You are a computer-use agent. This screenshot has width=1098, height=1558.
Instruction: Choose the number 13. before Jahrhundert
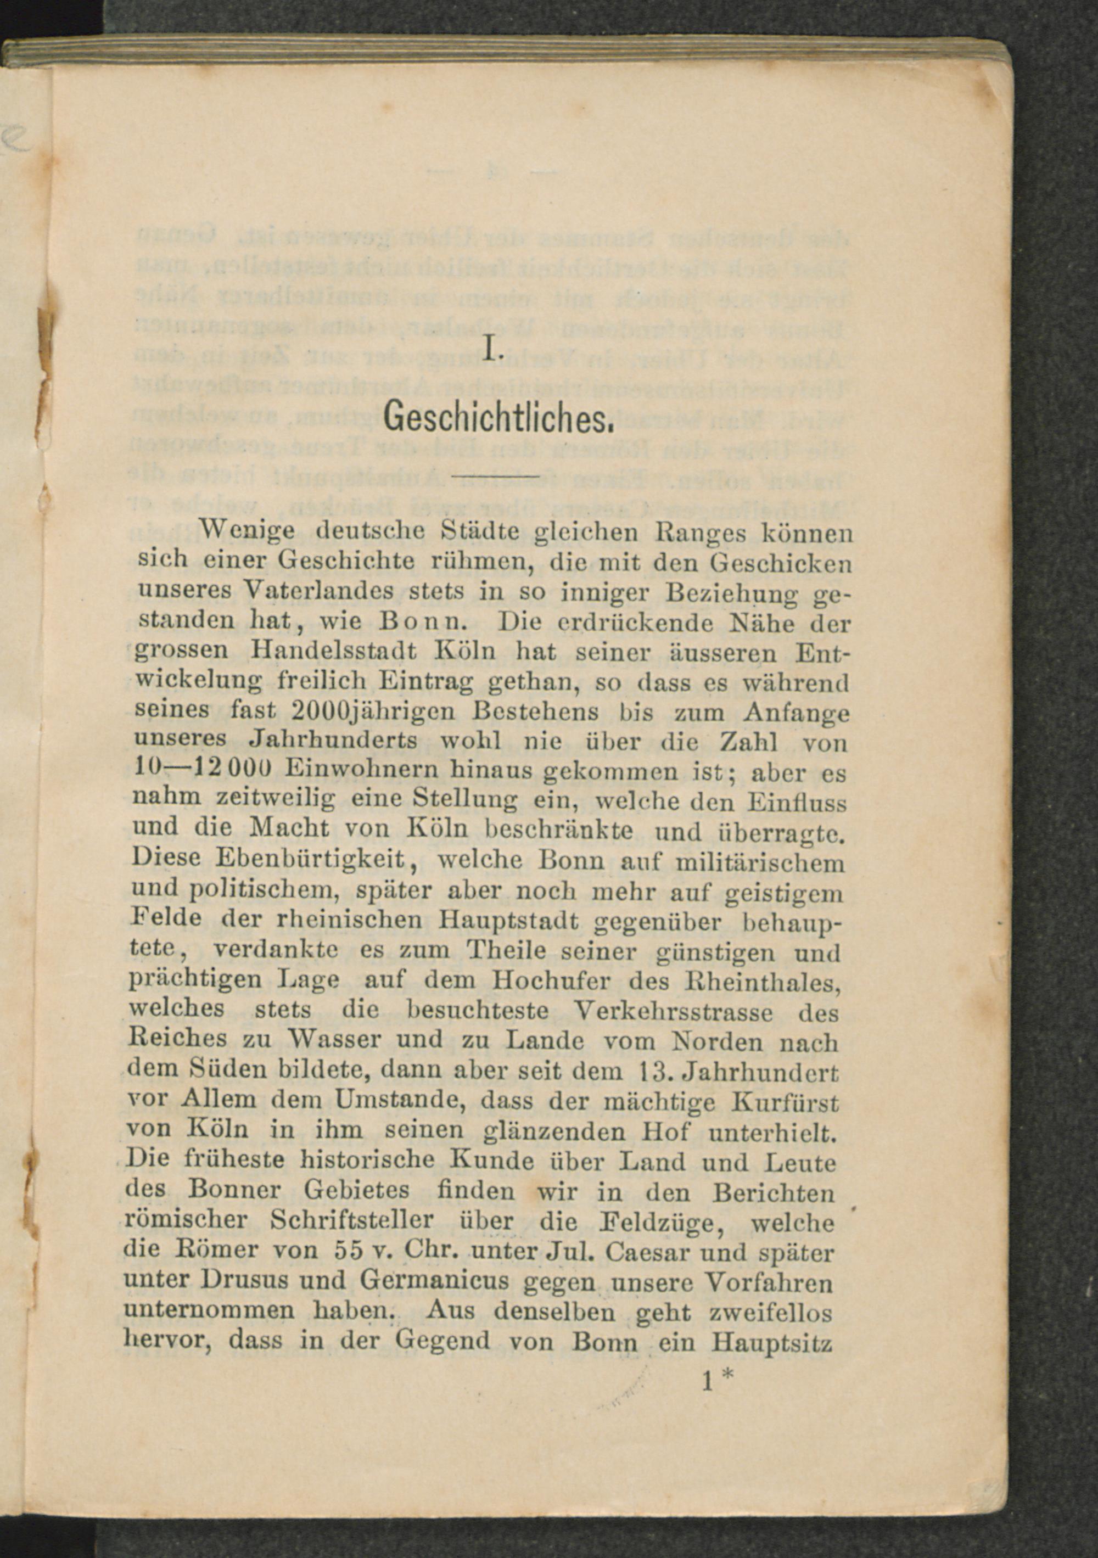pyautogui.click(x=657, y=1072)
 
